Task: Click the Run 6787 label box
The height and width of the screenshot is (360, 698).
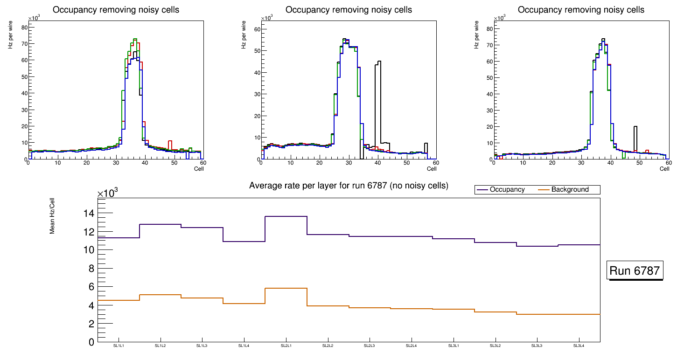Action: click(x=635, y=270)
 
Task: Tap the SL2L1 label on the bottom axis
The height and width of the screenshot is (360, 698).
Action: click(x=286, y=346)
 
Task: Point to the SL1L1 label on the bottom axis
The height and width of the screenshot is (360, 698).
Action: click(x=119, y=346)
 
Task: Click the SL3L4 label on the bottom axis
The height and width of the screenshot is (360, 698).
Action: click(x=579, y=346)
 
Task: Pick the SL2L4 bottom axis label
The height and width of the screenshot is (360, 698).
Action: click(x=412, y=346)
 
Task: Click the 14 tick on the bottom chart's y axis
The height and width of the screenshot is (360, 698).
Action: click(x=88, y=214)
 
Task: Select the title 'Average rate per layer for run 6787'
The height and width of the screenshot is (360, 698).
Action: click(x=349, y=186)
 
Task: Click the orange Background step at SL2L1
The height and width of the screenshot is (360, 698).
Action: click(x=286, y=288)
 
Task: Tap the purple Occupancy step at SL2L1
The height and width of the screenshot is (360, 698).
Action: click(x=286, y=216)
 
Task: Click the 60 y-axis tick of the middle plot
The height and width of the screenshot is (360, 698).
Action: click(x=256, y=29)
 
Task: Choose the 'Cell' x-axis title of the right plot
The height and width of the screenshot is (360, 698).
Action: click(x=664, y=169)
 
